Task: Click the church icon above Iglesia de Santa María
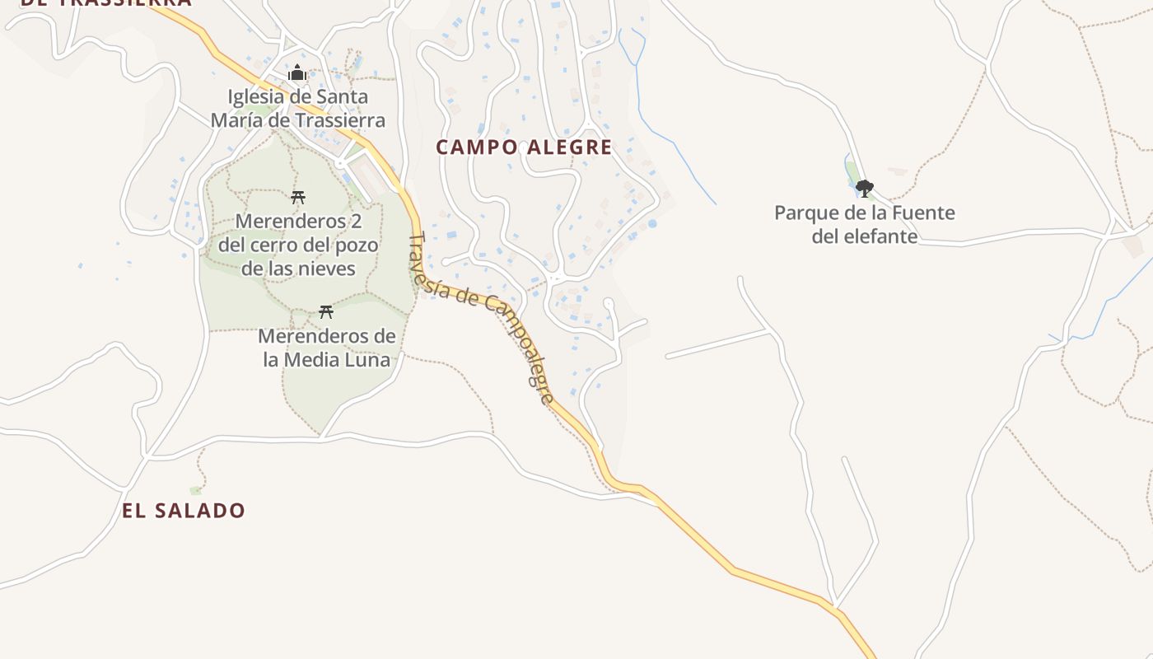pyautogui.click(x=297, y=73)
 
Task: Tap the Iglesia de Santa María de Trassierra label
pyautogui.click(x=297, y=109)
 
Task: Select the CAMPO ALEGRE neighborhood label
pyautogui.click(x=524, y=147)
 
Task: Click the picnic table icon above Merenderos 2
pyautogui.click(x=298, y=197)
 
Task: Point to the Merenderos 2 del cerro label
pyautogui.click(x=298, y=245)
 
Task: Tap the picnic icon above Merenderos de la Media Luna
pyautogui.click(x=326, y=311)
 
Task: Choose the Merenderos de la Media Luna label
pyautogui.click(x=327, y=348)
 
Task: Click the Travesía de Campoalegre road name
pyautogui.click(x=482, y=316)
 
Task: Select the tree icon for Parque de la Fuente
pyautogui.click(x=864, y=189)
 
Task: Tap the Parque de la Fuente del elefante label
pyautogui.click(x=865, y=224)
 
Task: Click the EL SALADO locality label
pyautogui.click(x=184, y=511)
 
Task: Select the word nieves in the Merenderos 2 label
pyautogui.click(x=329, y=269)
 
